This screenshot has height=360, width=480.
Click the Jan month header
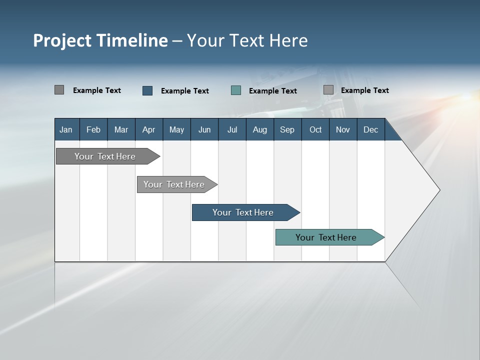66,129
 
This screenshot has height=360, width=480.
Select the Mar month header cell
121,129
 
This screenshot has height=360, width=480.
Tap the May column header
176,129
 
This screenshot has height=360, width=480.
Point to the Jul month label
232,129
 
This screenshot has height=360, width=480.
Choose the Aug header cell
259,129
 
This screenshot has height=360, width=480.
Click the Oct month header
315,129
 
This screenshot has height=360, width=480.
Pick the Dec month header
370,129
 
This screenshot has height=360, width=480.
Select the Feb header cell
93,129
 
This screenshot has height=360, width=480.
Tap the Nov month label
343,129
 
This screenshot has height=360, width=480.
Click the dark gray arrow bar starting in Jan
105,156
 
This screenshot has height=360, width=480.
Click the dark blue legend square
147,90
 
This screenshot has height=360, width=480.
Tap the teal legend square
236,90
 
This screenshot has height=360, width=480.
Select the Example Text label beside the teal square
273,91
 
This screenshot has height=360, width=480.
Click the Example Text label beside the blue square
185,91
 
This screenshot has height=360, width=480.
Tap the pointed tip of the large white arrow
438,190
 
